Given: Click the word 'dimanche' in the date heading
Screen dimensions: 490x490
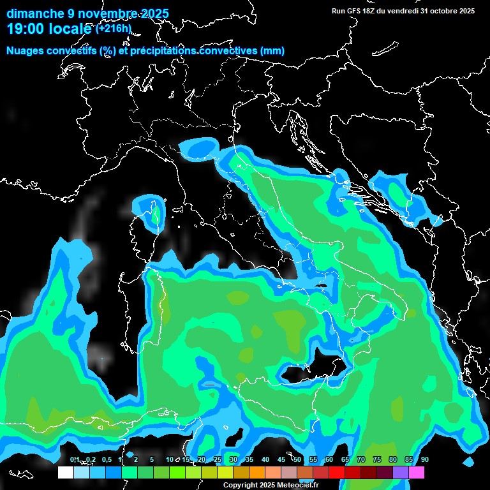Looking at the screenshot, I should coord(30,13).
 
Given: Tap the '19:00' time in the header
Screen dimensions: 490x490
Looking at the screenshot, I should coord(26,29).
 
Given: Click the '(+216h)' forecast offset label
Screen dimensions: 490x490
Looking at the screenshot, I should coord(114,29).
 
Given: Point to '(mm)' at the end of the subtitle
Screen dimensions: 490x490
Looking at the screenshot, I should coord(271,51).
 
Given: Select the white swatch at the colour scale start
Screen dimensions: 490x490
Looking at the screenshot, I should coord(66,472).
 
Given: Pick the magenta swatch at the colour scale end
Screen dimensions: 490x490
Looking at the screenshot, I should coord(417,472).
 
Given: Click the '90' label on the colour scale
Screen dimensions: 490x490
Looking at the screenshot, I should coord(424,459).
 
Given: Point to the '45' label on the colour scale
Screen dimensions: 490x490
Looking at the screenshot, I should coord(281,459).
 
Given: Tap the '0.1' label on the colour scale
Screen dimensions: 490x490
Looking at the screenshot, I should coord(75,459).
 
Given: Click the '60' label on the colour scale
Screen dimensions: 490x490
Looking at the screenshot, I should coord(329,459).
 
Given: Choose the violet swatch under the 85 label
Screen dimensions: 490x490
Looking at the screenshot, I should coord(401,472).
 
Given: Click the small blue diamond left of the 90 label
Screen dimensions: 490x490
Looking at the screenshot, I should coord(470,461).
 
